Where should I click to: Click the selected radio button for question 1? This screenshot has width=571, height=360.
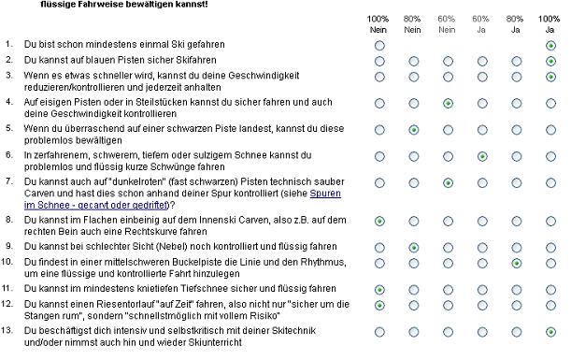[550, 46]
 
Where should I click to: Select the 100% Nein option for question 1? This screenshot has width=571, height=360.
[379, 46]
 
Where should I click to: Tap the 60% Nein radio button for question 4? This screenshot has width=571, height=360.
[448, 104]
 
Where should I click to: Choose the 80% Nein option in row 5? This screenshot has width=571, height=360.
[414, 130]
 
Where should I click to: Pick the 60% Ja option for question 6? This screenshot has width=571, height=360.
[482, 157]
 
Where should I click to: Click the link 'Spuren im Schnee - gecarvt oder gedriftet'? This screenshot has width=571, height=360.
[182, 199]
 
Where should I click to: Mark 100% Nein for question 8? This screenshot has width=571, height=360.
[379, 222]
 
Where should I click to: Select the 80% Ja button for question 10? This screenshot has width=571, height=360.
[517, 263]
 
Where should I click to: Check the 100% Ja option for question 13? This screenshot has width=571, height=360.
[550, 332]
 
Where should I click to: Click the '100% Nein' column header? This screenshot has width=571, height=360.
[378, 24]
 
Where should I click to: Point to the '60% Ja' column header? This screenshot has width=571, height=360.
[480, 24]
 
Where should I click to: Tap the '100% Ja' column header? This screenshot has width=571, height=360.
[550, 24]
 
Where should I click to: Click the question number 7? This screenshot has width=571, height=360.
[9, 181]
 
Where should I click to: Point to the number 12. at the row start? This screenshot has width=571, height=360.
[7, 304]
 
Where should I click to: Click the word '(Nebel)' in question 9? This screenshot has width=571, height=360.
[172, 247]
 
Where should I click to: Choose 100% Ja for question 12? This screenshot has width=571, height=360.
[550, 306]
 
